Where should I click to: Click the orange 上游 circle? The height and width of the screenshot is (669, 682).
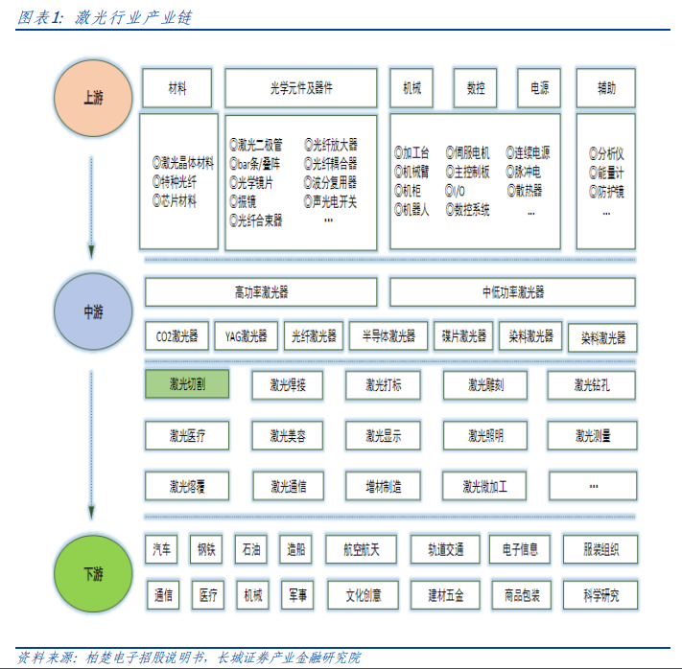pos(93,99)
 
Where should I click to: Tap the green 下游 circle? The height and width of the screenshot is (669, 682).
pos(93,575)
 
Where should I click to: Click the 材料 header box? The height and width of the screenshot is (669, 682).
pos(176,88)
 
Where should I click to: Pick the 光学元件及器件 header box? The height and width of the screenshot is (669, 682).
pos(301,88)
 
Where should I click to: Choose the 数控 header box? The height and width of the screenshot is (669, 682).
pos(475,88)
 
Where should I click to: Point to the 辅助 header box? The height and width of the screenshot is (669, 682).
pos(606,88)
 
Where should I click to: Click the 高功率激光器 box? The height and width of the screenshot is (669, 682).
pos(261,292)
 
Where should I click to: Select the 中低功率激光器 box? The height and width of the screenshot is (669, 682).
pos(512,292)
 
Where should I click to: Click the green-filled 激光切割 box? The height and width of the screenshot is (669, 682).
pos(187,385)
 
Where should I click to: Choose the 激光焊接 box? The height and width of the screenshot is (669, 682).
pos(288,385)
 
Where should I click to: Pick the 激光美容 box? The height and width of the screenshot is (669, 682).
pos(288,436)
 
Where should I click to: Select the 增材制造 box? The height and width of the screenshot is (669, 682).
pos(384,486)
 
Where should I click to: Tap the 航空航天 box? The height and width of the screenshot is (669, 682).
pos(361,549)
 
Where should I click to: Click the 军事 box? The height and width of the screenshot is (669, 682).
pos(297,595)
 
